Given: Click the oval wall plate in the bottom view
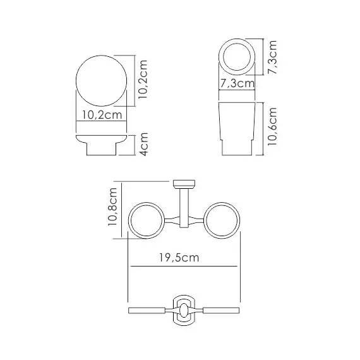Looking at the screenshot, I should (183, 311).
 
